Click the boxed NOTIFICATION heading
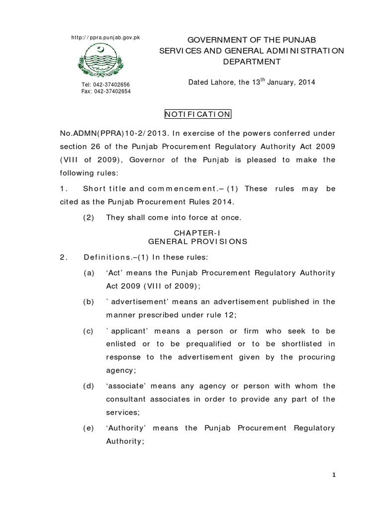(198, 114)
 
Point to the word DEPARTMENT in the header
(251, 62)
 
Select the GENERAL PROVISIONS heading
(198, 241)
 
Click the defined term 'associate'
(124, 386)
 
